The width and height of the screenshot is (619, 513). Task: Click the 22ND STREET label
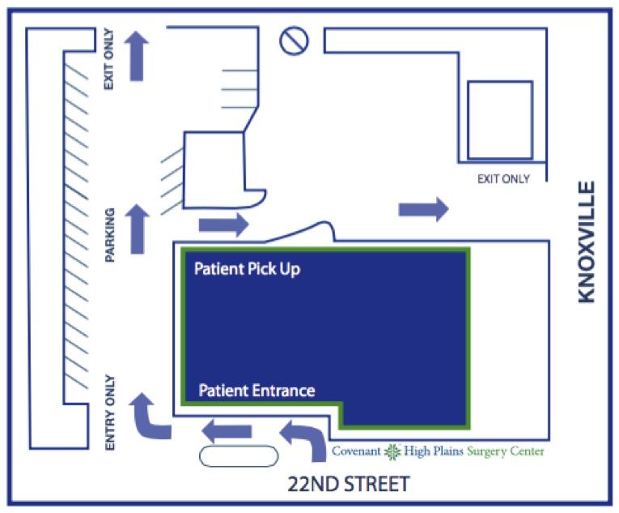[349, 484]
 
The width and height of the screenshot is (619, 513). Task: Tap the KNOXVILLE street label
[587, 242]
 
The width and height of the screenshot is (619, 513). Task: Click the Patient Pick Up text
[247, 269]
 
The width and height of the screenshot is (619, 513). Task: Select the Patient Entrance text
[257, 391]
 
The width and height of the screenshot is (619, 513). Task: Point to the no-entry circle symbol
[294, 41]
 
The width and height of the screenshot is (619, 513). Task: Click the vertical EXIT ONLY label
[108, 59]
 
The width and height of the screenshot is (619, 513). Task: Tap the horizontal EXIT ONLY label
[504, 179]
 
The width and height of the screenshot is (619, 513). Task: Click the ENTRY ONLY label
[110, 413]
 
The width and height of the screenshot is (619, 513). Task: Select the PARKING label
[109, 235]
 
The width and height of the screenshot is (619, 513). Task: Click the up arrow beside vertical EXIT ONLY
[137, 56]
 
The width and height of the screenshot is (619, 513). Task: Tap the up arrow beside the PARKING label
[137, 229]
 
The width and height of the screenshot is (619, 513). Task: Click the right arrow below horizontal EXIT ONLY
[423, 209]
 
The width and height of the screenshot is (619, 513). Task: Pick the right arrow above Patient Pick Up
[224, 224]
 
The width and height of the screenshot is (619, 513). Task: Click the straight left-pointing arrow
[227, 431]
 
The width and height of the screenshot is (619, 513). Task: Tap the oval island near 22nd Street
[239, 456]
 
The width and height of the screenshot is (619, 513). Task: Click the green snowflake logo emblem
[392, 452]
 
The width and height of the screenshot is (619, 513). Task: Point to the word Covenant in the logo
[356, 451]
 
